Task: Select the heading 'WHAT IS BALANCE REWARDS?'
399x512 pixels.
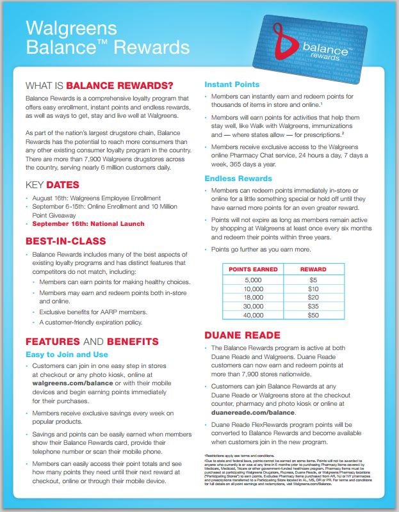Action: click(x=99, y=85)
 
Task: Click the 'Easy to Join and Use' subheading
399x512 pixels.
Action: click(x=67, y=354)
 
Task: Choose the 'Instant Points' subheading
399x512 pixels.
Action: click(x=231, y=84)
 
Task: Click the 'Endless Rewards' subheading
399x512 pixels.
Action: click(x=238, y=178)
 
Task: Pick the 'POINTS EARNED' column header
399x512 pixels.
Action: click(x=253, y=269)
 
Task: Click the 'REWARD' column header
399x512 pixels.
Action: click(x=313, y=269)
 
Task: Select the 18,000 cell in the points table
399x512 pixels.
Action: click(x=253, y=298)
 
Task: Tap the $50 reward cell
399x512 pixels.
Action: click(x=313, y=316)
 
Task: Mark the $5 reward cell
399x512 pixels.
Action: click(x=313, y=280)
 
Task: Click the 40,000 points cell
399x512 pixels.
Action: click(x=253, y=316)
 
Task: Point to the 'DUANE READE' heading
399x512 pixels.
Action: click(x=241, y=334)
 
